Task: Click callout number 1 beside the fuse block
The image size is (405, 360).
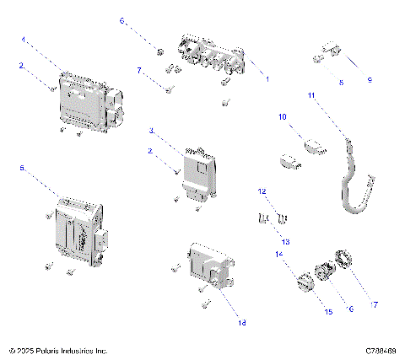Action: point(267,79)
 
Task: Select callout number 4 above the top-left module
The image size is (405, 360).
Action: point(24,39)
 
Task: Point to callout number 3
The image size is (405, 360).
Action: point(151,132)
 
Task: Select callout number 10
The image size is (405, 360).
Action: point(283,116)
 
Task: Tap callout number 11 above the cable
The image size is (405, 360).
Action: point(310,96)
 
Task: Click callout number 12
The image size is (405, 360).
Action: point(262,192)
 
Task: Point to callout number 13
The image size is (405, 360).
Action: point(284,242)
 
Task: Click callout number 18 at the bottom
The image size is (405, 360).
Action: point(241,321)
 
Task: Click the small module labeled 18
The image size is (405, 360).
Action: point(208,268)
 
